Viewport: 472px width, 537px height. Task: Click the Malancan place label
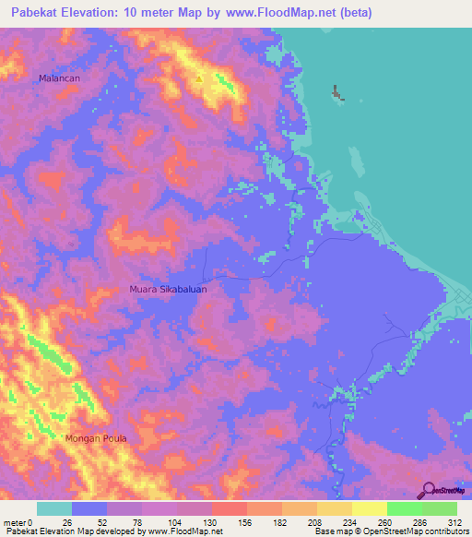[x=60, y=78]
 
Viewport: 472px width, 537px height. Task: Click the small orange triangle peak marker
[x=199, y=78]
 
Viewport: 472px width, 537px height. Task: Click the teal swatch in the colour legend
[x=54, y=508]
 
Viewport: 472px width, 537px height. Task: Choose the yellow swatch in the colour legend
[x=370, y=508]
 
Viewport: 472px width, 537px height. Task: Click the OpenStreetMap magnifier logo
[x=429, y=490]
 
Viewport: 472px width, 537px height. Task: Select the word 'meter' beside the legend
[x=15, y=521]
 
